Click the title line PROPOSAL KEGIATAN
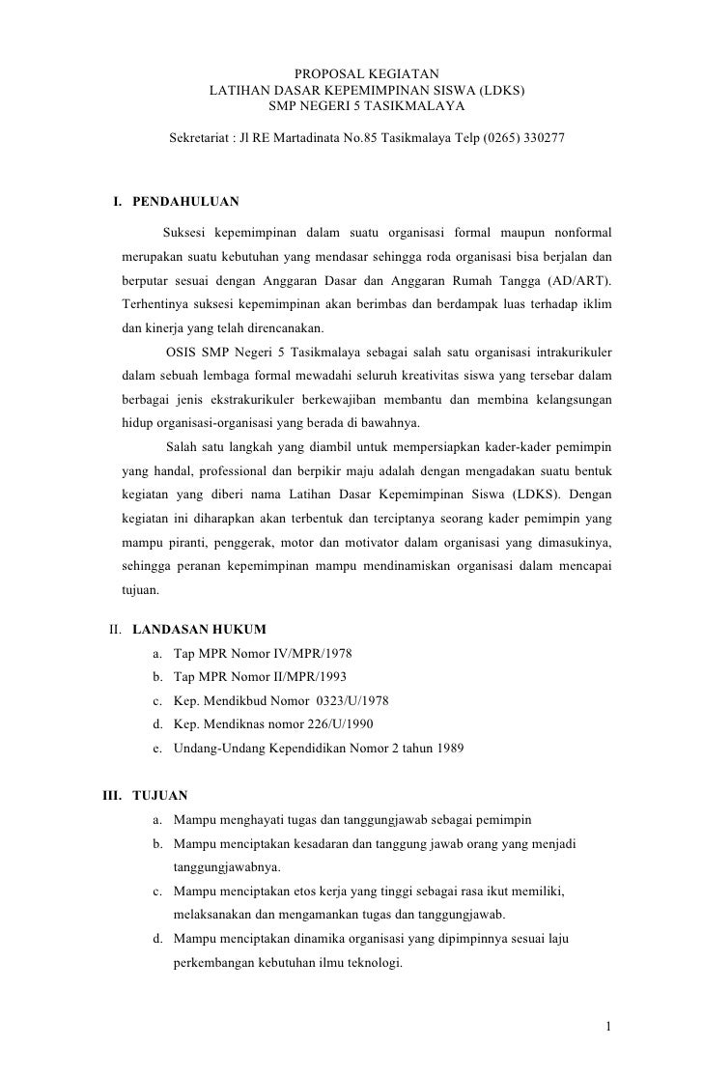(x=366, y=73)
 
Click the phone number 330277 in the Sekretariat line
(x=544, y=138)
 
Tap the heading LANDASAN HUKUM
(x=199, y=630)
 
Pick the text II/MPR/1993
(x=311, y=677)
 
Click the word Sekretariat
(x=201, y=138)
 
